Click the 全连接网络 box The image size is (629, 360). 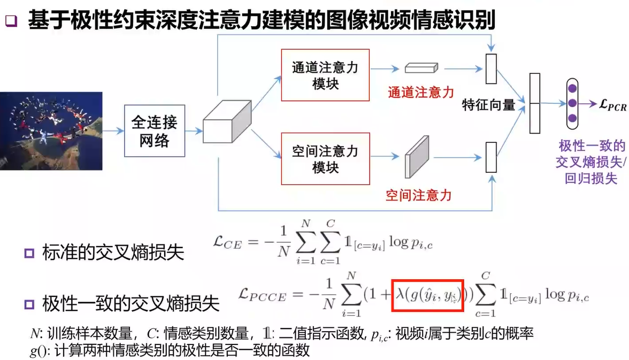154,131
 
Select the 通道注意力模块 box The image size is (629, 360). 325,75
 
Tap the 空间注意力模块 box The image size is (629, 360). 325,159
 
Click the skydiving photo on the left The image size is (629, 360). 51,131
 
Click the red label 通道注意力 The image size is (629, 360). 421,92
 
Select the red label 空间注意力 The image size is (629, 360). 419,195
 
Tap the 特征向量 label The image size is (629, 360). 488,105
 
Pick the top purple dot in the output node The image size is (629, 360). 572,88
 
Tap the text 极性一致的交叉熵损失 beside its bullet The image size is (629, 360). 131,304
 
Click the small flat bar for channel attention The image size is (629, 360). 421,68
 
